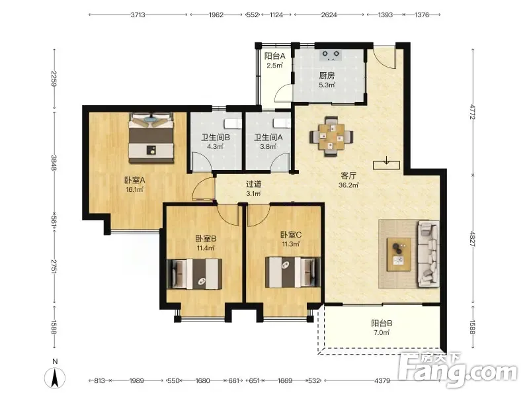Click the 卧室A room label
click(135, 180)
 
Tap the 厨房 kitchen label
click(327, 75)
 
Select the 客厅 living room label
click(348, 175)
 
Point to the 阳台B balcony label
click(382, 324)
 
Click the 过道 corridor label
click(253, 185)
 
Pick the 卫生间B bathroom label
click(216, 138)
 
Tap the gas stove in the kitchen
click(331, 55)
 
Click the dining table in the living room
click(332, 136)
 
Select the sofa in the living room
click(428, 254)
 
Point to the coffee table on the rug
click(399, 254)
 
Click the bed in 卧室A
click(151, 138)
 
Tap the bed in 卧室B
click(194, 274)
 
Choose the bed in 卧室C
click(292, 272)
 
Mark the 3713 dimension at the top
click(138, 15)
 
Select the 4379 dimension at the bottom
click(382, 381)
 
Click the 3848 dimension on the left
click(54, 162)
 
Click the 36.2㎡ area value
click(348, 185)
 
